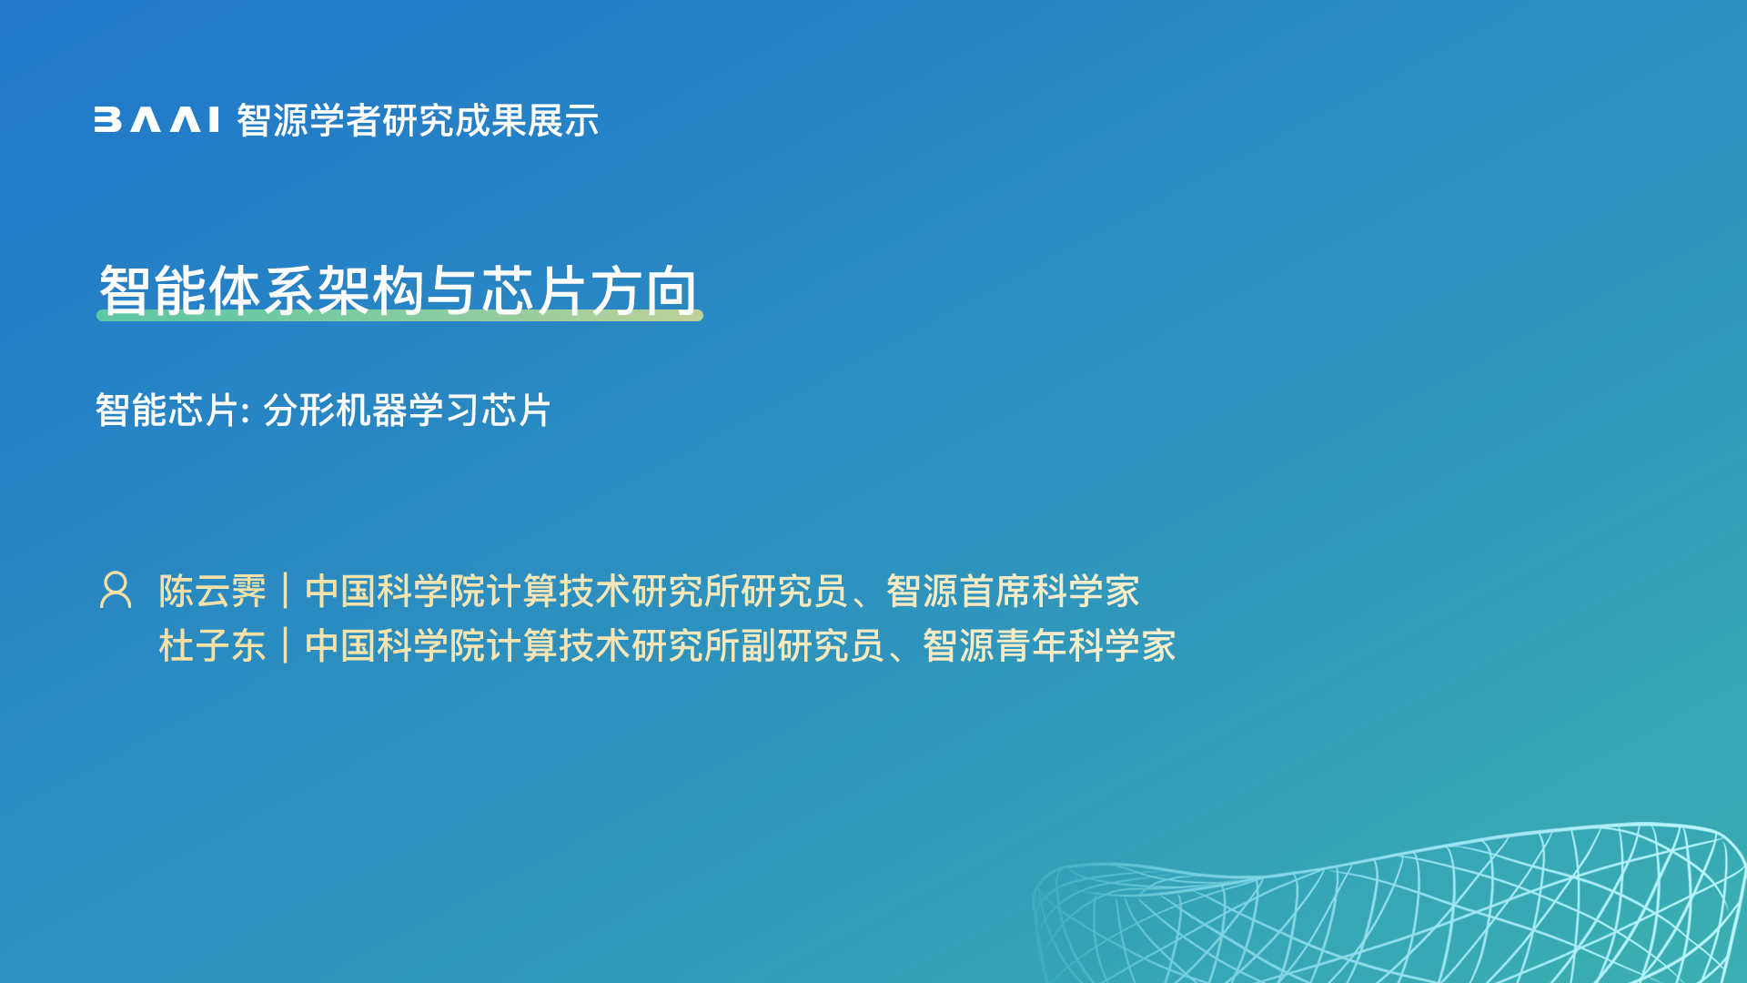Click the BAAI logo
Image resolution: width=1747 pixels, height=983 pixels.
[157, 120]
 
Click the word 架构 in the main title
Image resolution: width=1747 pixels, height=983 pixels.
[371, 291]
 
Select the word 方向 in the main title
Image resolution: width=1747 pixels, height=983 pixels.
[644, 291]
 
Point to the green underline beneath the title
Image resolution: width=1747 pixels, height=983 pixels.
[399, 315]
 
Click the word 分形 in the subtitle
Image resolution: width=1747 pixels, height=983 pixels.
[298, 410]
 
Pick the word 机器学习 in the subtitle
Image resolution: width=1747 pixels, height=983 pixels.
[407, 410]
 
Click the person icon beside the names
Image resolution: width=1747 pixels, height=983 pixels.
[116, 590]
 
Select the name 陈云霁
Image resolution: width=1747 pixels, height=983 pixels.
[213, 592]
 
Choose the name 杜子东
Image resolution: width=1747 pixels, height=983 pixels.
[213, 646]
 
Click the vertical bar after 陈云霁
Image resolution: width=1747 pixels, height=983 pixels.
[286, 591]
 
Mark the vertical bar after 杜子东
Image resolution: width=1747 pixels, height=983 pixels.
[286, 645]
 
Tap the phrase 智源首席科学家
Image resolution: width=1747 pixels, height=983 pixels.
[1013, 592]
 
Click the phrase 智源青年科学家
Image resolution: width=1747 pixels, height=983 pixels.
[1049, 646]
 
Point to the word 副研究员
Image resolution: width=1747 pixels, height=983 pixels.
[813, 646]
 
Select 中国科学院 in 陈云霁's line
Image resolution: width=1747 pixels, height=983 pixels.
[395, 592]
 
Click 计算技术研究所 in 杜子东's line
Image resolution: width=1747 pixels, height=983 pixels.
[613, 646]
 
